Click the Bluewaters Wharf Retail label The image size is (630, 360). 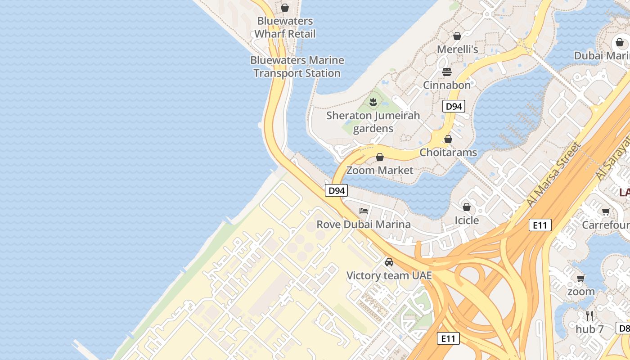click(x=285, y=27)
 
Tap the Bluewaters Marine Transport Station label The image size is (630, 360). click(x=297, y=67)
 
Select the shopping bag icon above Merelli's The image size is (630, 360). click(x=457, y=36)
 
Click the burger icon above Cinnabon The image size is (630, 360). click(x=447, y=72)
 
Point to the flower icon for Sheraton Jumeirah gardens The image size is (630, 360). click(x=373, y=102)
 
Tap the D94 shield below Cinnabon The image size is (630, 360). click(x=453, y=107)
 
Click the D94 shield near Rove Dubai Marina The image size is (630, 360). click(x=336, y=190)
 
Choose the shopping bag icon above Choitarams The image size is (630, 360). click(x=448, y=139)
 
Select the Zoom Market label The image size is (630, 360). click(x=379, y=170)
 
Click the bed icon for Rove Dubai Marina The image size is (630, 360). click(x=364, y=211)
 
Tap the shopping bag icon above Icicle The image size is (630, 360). click(x=467, y=207)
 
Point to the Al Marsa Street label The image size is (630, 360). click(x=553, y=175)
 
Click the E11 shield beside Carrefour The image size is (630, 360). click(x=540, y=225)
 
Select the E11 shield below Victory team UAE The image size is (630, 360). click(x=448, y=338)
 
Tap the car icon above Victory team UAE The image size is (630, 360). click(x=389, y=262)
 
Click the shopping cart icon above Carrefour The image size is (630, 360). click(x=606, y=211)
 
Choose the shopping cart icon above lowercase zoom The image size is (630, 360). click(x=580, y=278)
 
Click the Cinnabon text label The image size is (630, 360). click(x=447, y=85)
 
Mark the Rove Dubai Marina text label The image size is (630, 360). click(x=364, y=224)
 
